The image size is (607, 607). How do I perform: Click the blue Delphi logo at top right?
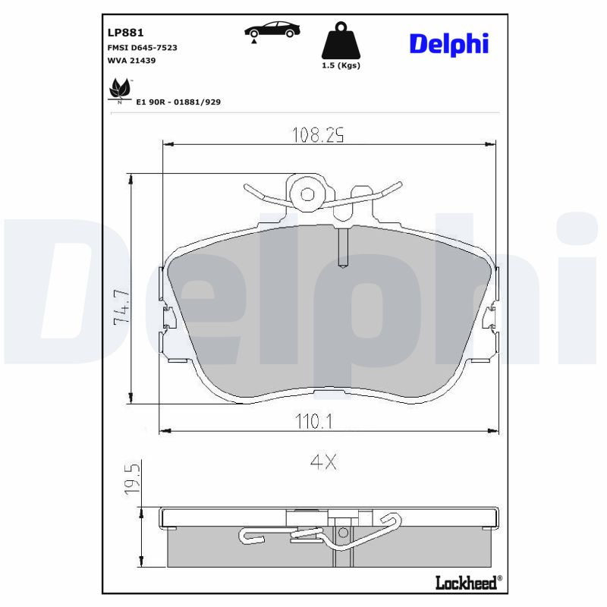[449, 43]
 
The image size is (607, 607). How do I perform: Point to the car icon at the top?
[272, 30]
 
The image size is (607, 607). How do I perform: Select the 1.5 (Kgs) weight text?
[341, 66]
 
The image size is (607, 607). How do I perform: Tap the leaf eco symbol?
[120, 90]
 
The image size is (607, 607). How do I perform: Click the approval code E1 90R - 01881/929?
[178, 101]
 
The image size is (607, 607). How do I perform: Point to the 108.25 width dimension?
[319, 135]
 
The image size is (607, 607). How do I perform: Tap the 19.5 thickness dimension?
[131, 477]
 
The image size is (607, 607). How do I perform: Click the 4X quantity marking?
[322, 462]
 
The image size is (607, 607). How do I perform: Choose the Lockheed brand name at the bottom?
[466, 582]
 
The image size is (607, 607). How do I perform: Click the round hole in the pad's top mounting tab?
[307, 193]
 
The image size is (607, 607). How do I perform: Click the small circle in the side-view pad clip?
[342, 533]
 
